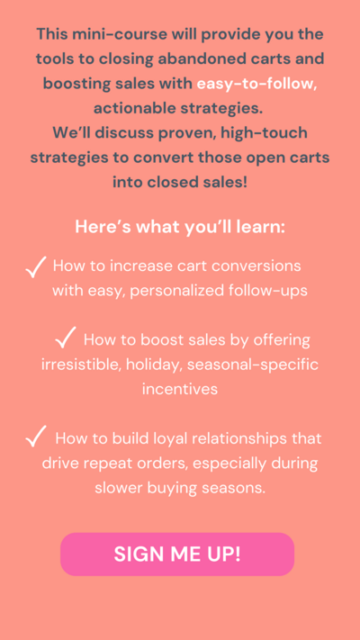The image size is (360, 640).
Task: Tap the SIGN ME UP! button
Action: coord(177,554)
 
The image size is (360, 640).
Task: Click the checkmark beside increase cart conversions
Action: coord(36,267)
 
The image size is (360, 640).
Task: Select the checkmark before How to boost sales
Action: coord(66,338)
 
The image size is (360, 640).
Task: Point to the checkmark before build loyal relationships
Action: coord(36,437)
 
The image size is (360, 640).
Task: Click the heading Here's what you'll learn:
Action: coord(180,227)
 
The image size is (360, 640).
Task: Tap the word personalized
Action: coord(177,291)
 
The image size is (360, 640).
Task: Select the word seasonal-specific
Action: coord(253,365)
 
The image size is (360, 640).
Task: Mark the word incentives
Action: coord(180,389)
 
